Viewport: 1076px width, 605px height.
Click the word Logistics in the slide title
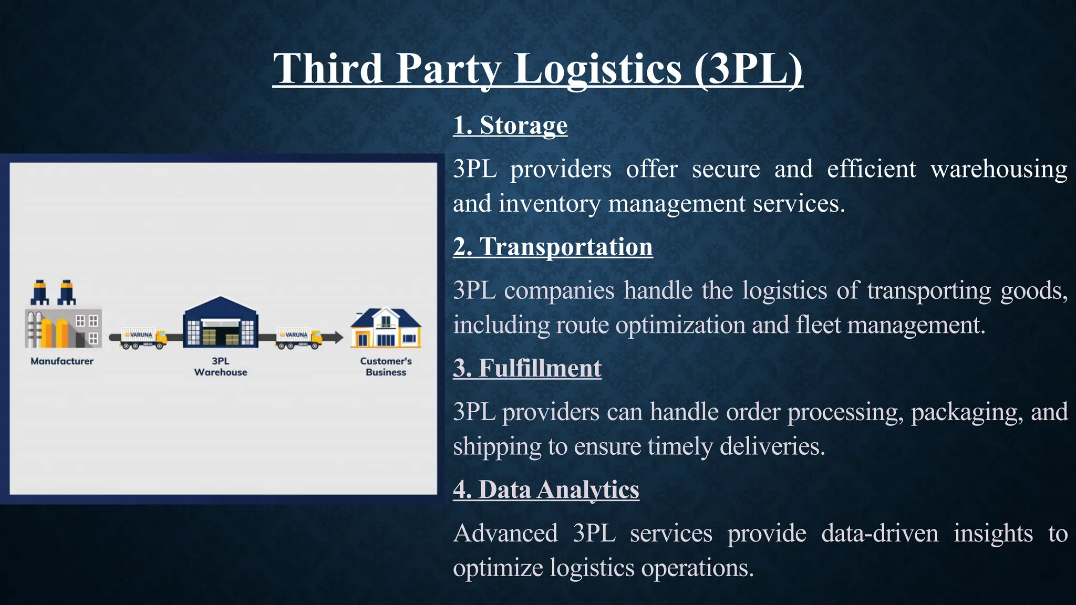598,69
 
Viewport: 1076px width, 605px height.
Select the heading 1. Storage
510,126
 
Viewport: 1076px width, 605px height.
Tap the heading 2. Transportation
553,247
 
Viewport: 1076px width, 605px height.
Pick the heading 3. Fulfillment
527,368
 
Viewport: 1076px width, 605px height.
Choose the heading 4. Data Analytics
546,489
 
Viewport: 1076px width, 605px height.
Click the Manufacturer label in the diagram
62,361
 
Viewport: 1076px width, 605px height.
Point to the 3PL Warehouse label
221,367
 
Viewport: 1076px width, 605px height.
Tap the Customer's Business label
386,367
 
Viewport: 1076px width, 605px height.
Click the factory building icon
63,320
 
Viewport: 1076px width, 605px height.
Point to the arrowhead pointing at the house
338,337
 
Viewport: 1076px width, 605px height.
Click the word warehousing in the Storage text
999,170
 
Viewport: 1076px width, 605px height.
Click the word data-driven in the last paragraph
880,534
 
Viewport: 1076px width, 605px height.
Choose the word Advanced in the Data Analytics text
505,534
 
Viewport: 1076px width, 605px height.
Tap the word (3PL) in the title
748,69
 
